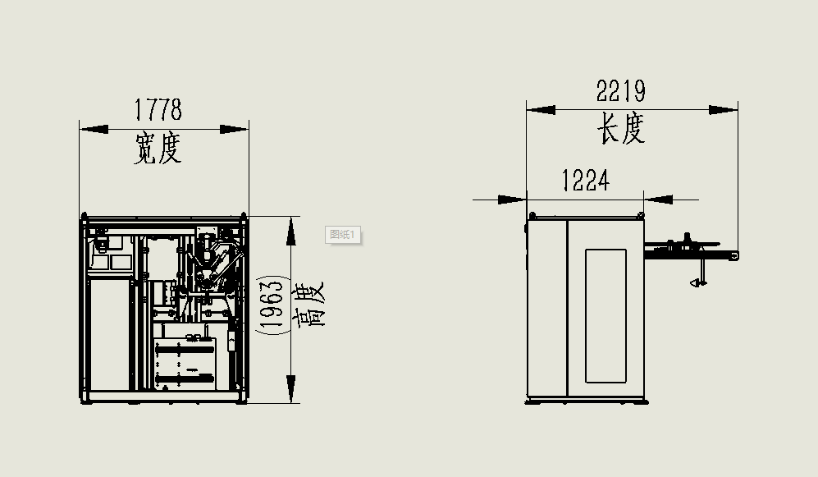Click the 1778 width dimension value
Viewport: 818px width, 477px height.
[x=158, y=109]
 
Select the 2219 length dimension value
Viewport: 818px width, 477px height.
[x=621, y=91]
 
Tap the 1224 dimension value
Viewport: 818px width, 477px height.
[x=585, y=181]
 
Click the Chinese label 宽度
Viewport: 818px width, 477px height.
[x=158, y=149]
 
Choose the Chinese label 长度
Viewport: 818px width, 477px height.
[x=621, y=128]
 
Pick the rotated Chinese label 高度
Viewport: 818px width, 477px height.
[x=308, y=305]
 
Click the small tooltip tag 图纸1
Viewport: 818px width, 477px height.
[x=342, y=235]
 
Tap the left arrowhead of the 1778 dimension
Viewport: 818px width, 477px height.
[x=94, y=129]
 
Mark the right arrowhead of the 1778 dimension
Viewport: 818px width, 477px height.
[x=234, y=129]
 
